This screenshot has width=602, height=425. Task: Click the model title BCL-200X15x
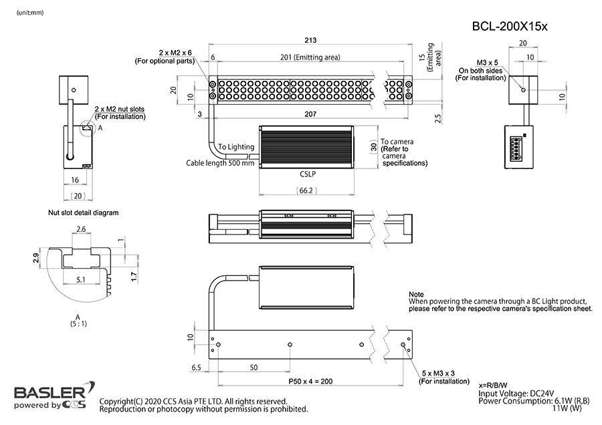[x=510, y=26]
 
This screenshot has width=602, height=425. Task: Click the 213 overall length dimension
[x=308, y=40]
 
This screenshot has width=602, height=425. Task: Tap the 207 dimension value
[x=310, y=115]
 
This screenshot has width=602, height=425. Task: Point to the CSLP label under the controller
[x=308, y=174]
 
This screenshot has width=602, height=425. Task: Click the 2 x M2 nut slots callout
[x=120, y=108]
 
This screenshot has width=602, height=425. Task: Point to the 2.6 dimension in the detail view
[x=80, y=229]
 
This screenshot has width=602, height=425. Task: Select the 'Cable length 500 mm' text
[x=220, y=162]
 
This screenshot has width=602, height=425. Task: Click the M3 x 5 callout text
[x=486, y=61]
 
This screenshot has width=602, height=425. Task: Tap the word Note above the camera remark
[x=415, y=294]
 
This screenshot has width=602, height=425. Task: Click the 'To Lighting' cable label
[x=236, y=146]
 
